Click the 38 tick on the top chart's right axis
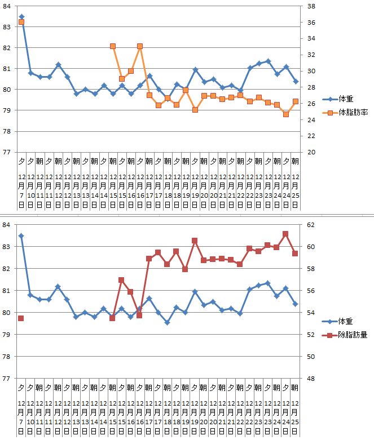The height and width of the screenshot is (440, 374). coord(310,7)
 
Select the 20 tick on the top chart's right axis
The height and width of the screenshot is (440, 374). coord(310,152)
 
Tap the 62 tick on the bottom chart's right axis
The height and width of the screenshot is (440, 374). coord(310,225)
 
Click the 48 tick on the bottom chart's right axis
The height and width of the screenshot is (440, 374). coord(310,379)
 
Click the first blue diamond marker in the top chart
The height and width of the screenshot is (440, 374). coord(21,17)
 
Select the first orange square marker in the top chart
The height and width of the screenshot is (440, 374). coord(21,22)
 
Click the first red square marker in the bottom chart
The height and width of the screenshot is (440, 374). coord(21,318)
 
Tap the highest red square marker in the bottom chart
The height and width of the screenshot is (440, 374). coord(286,234)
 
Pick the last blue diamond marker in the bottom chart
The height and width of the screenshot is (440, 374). coord(295,304)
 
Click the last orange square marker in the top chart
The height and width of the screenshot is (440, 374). coord(296,101)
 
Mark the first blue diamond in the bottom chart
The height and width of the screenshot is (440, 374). coord(21,236)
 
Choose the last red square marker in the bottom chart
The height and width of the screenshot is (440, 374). coord(295,254)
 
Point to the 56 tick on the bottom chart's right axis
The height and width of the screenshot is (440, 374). coord(310,291)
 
